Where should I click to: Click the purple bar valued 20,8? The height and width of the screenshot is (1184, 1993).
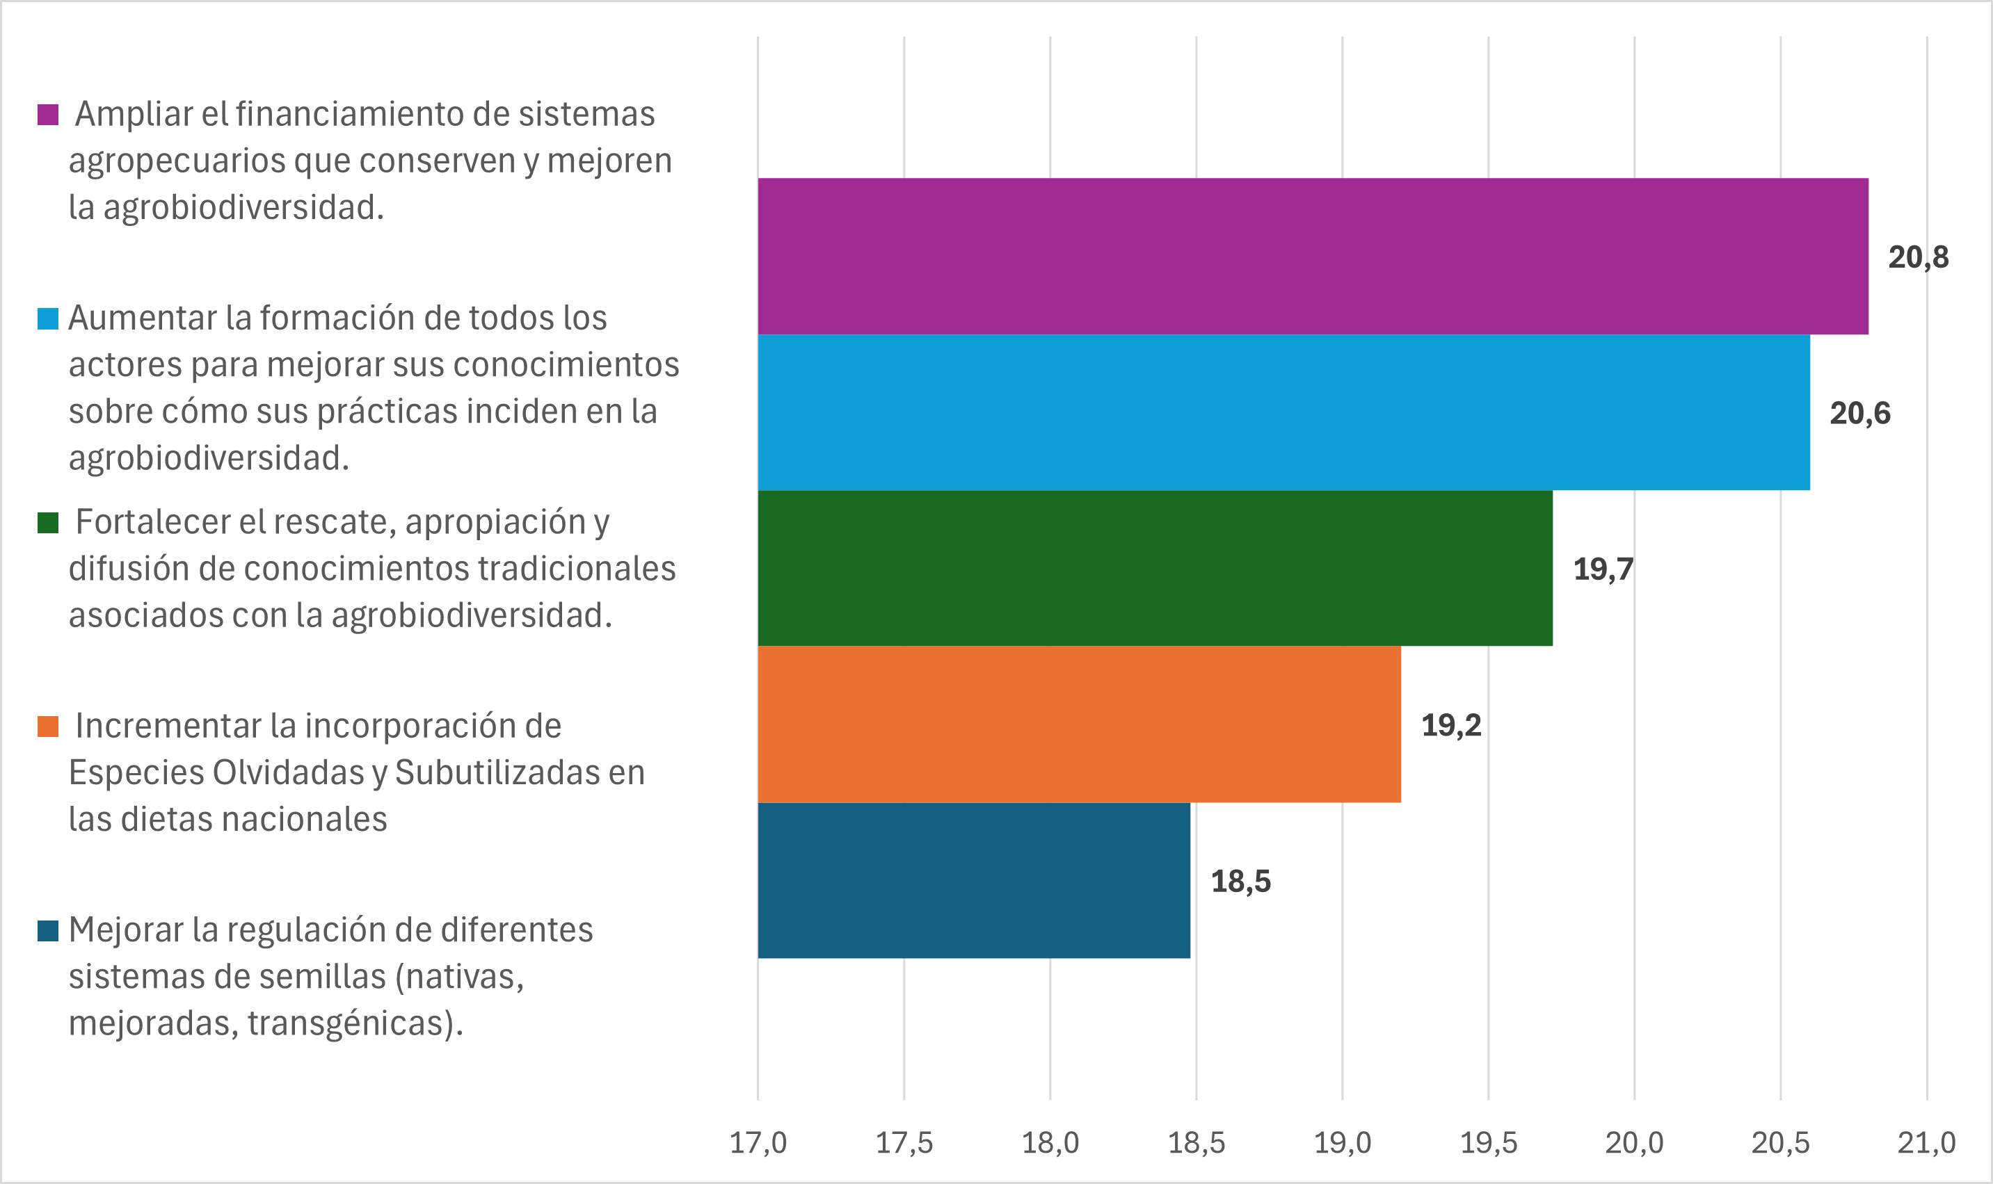point(1312,256)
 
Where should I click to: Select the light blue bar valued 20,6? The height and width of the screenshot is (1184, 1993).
point(1283,412)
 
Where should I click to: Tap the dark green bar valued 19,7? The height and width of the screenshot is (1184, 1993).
point(1155,568)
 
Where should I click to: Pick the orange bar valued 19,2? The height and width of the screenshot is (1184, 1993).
point(1079,724)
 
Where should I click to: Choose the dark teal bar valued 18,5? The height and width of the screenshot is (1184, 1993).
point(974,881)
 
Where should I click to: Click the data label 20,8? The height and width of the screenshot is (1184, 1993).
point(1918,257)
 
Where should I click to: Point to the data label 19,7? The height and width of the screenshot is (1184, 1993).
point(1603,569)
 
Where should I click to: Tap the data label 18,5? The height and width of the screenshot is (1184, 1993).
point(1240,882)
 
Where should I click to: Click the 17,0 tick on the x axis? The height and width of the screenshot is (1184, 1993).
point(758,1142)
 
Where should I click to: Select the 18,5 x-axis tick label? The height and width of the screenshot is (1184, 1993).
point(1196,1142)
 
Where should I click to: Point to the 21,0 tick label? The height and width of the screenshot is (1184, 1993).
point(1926,1142)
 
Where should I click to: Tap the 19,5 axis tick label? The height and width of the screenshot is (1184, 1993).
point(1488,1142)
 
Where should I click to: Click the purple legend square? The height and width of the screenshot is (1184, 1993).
point(48,114)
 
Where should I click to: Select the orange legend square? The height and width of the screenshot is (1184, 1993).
point(48,726)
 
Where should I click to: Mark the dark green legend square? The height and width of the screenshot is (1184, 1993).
point(48,523)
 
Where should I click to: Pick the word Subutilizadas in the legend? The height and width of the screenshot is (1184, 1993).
point(487,772)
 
